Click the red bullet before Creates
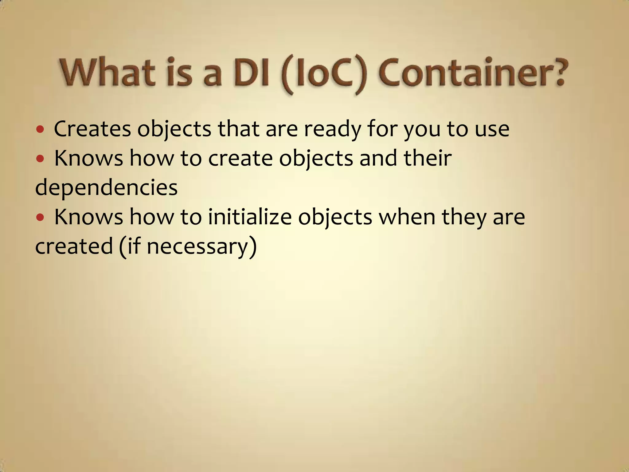pos(40,129)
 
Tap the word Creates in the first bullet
pos(92,129)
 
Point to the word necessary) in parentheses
pos(201,247)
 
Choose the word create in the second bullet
pos(240,159)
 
